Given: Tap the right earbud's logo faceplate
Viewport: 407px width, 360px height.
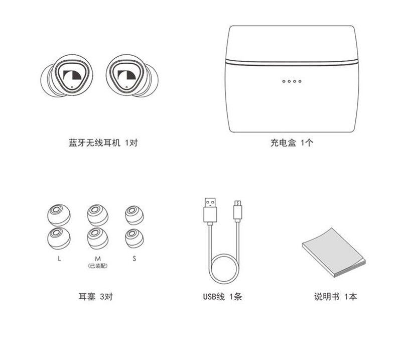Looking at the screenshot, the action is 125,75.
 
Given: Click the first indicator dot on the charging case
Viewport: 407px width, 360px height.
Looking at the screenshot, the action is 284,81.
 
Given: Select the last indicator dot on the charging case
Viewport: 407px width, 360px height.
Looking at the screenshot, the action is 300,81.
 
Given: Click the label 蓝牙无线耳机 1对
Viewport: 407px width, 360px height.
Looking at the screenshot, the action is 103,143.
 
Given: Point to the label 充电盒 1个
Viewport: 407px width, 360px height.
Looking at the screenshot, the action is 292,143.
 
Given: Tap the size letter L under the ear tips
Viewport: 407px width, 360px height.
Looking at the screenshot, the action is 59,259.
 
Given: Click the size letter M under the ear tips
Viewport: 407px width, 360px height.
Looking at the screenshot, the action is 97,259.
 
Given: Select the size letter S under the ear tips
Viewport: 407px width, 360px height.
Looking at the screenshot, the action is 134,259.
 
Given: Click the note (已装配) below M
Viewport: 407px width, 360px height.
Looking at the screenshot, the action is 97,266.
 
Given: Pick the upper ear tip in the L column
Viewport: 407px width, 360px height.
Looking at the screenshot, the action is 59,215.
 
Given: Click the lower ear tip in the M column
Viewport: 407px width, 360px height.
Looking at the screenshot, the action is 97,238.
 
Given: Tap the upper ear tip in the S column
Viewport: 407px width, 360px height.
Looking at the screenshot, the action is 134,215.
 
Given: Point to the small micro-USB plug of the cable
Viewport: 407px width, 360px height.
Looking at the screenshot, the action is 238,211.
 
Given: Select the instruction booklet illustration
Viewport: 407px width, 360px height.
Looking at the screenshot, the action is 334,252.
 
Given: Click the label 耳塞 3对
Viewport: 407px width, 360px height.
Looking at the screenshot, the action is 95,296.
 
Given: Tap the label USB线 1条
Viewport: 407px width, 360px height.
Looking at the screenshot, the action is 222,296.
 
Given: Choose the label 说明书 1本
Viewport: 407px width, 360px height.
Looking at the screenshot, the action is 335,296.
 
